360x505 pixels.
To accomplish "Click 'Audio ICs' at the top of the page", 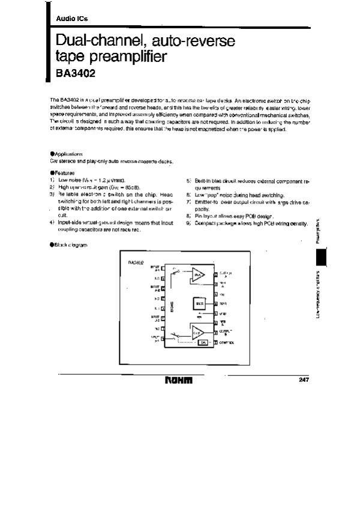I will click(71, 19).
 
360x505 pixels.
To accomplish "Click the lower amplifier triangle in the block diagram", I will click(198, 331).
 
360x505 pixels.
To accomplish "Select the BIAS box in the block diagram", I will click(200, 304).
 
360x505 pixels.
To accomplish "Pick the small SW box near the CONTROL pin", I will click(203, 342).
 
